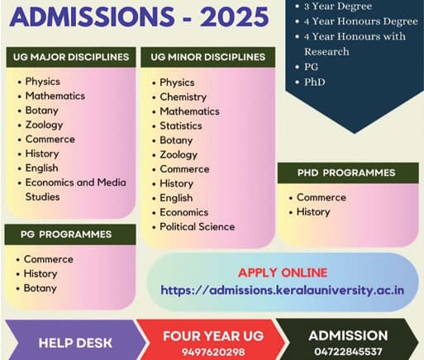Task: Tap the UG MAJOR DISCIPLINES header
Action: (x=71, y=58)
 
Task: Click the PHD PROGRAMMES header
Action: (x=346, y=173)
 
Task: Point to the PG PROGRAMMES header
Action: (x=66, y=234)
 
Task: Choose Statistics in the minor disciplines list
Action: (x=181, y=126)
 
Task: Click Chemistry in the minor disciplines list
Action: (x=183, y=97)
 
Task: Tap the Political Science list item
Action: (x=197, y=226)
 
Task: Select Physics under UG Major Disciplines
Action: (x=43, y=82)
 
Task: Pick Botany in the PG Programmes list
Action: (x=40, y=288)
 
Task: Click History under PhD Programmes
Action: (x=313, y=212)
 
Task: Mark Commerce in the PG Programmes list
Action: (x=48, y=259)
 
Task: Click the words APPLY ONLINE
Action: (x=282, y=273)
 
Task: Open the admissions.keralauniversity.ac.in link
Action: (x=282, y=290)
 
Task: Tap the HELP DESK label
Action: (x=74, y=342)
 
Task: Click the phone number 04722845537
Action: (x=347, y=351)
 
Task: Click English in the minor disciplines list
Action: (x=177, y=198)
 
